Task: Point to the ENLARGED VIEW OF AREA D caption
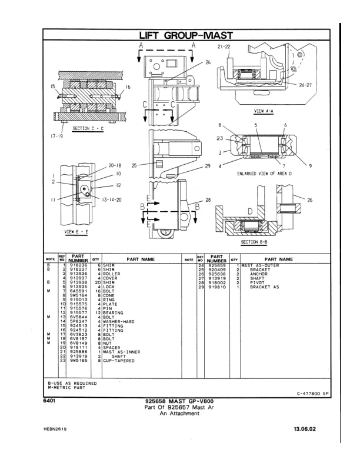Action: tap(265, 174)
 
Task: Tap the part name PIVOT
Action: tap(258, 282)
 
